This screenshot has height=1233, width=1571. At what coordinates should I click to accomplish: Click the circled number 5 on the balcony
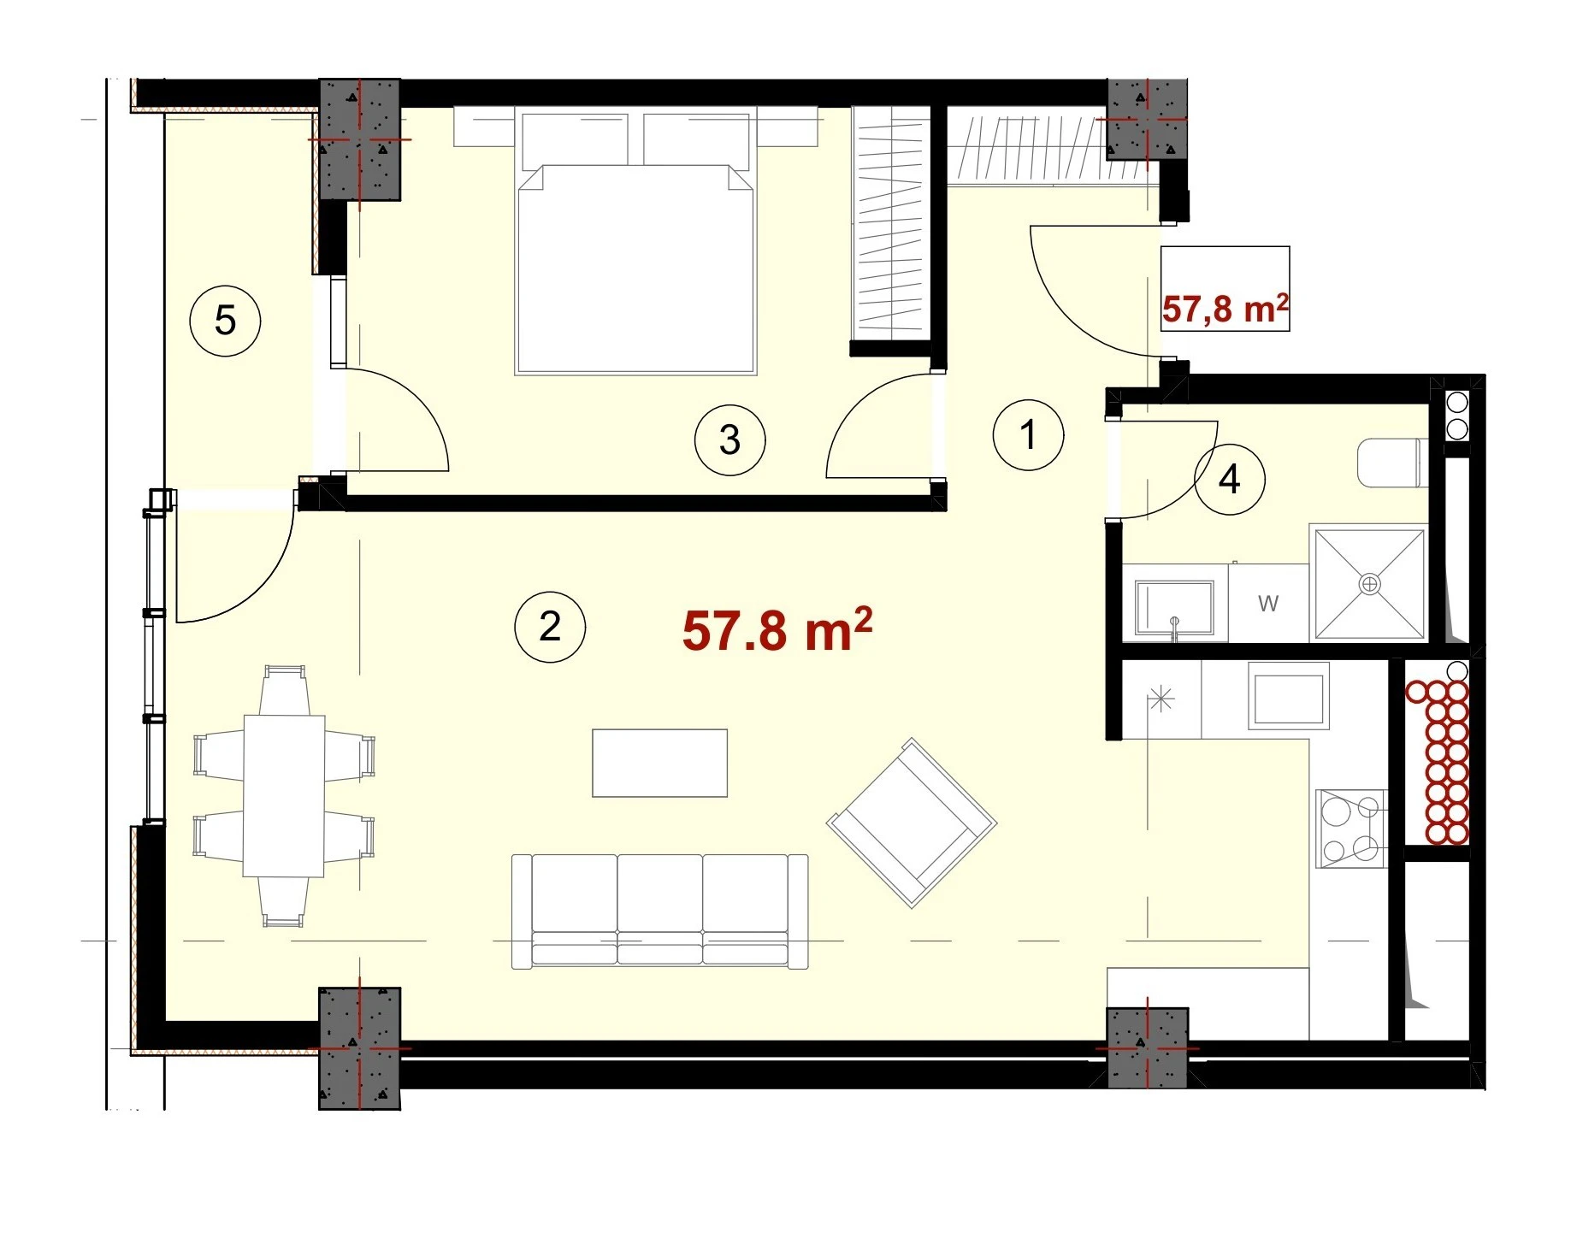tap(225, 321)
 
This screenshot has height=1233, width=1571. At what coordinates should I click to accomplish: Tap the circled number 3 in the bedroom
tap(729, 440)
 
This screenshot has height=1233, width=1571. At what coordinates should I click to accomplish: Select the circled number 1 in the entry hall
tap(1028, 434)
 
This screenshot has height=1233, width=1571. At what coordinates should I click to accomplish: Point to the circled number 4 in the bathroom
tap(1229, 479)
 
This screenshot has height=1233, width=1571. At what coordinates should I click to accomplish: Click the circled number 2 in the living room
tap(550, 627)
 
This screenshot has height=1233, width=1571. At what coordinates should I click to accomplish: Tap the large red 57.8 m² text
tap(777, 630)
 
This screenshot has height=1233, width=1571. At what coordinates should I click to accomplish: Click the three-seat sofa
tap(659, 911)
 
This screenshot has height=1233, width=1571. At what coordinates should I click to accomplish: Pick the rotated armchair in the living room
tap(912, 823)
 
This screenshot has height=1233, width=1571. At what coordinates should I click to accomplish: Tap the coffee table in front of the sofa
tap(660, 763)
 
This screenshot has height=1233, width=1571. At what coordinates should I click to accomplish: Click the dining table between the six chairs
tap(284, 796)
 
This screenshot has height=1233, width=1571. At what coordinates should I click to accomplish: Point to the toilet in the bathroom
tap(1391, 463)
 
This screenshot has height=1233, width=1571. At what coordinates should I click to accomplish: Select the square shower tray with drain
tap(1369, 583)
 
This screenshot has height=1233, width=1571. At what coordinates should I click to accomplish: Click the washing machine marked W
tap(1268, 603)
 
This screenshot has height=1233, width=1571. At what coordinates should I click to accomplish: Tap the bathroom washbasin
tap(1174, 610)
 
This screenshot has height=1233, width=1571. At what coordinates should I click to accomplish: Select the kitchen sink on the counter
tap(1288, 695)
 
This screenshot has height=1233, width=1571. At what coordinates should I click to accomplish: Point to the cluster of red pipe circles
tap(1437, 761)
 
